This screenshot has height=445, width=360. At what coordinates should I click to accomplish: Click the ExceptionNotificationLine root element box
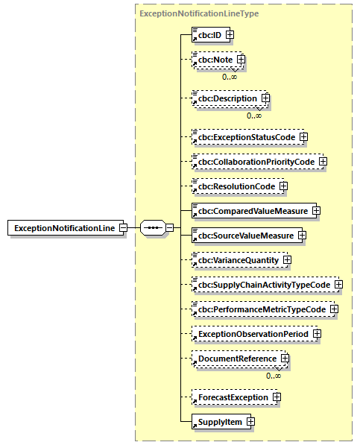click(66, 227)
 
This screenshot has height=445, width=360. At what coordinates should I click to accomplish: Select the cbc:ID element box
click(208, 34)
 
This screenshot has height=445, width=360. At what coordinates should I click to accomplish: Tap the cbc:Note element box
click(213, 60)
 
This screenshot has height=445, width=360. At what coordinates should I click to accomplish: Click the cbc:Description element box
click(226, 98)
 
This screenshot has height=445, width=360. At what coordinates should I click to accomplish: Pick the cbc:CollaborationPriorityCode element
click(254, 161)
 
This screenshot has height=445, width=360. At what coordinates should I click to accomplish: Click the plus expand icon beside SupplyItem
click(250, 422)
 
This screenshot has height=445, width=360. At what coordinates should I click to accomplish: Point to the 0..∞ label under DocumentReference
click(273, 375)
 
